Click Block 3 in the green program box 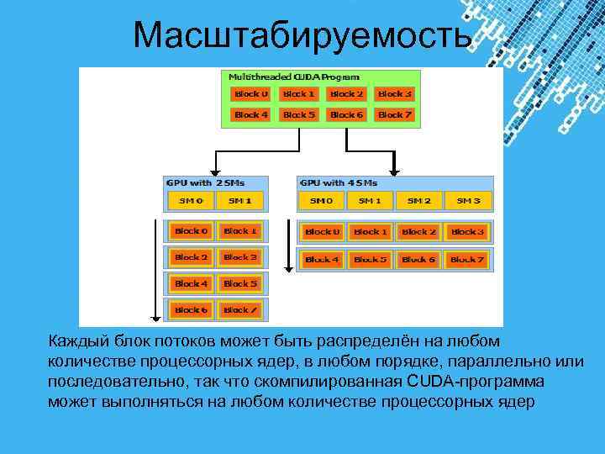click(x=394, y=94)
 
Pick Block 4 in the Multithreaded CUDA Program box click(x=251, y=114)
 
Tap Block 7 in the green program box click(x=394, y=114)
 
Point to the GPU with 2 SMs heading click(x=202, y=182)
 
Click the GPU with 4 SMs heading click(x=338, y=182)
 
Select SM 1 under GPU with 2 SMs click(x=240, y=201)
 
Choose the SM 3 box click(x=468, y=201)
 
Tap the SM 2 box click(x=419, y=201)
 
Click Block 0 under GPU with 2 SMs click(x=191, y=230)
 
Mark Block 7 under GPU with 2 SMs click(x=240, y=310)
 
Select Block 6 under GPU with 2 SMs click(x=191, y=310)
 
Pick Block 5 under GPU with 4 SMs click(x=371, y=260)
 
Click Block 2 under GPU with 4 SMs click(x=419, y=231)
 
